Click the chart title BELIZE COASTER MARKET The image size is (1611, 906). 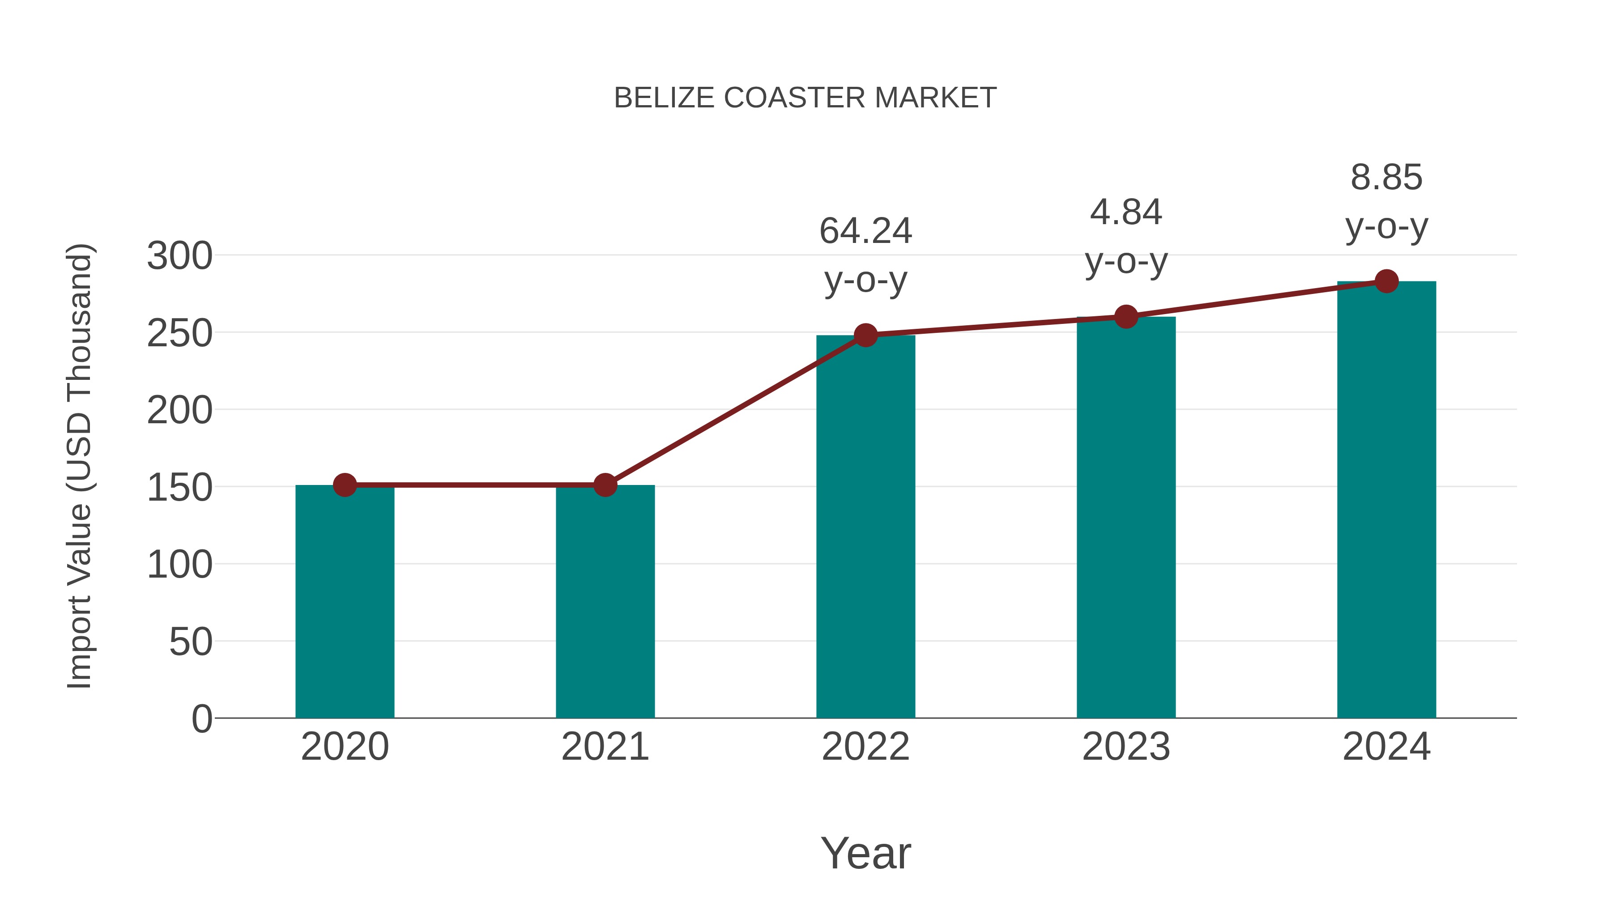click(805, 98)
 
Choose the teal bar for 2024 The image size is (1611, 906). click(1386, 500)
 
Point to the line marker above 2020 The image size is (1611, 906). click(345, 485)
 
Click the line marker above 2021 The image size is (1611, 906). click(605, 485)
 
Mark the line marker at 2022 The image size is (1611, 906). click(865, 336)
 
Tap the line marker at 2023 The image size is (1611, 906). click(1126, 317)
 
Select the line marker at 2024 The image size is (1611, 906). click(1386, 281)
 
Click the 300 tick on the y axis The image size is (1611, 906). click(179, 256)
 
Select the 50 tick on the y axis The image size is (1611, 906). click(191, 642)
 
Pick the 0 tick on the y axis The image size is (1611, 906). click(201, 719)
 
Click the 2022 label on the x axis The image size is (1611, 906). click(865, 747)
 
